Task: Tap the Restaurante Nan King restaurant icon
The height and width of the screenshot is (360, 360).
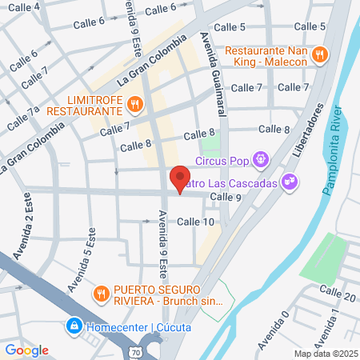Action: coord(320,55)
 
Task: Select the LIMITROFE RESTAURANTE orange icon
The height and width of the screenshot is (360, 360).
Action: coord(134,102)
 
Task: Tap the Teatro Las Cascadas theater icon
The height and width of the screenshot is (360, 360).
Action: coord(292,183)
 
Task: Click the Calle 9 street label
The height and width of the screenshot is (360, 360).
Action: coord(225,197)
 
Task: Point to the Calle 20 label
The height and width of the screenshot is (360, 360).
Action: coord(337,296)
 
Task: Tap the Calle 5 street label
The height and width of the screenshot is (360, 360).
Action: coord(310,26)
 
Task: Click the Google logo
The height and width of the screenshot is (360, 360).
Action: coord(27,350)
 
